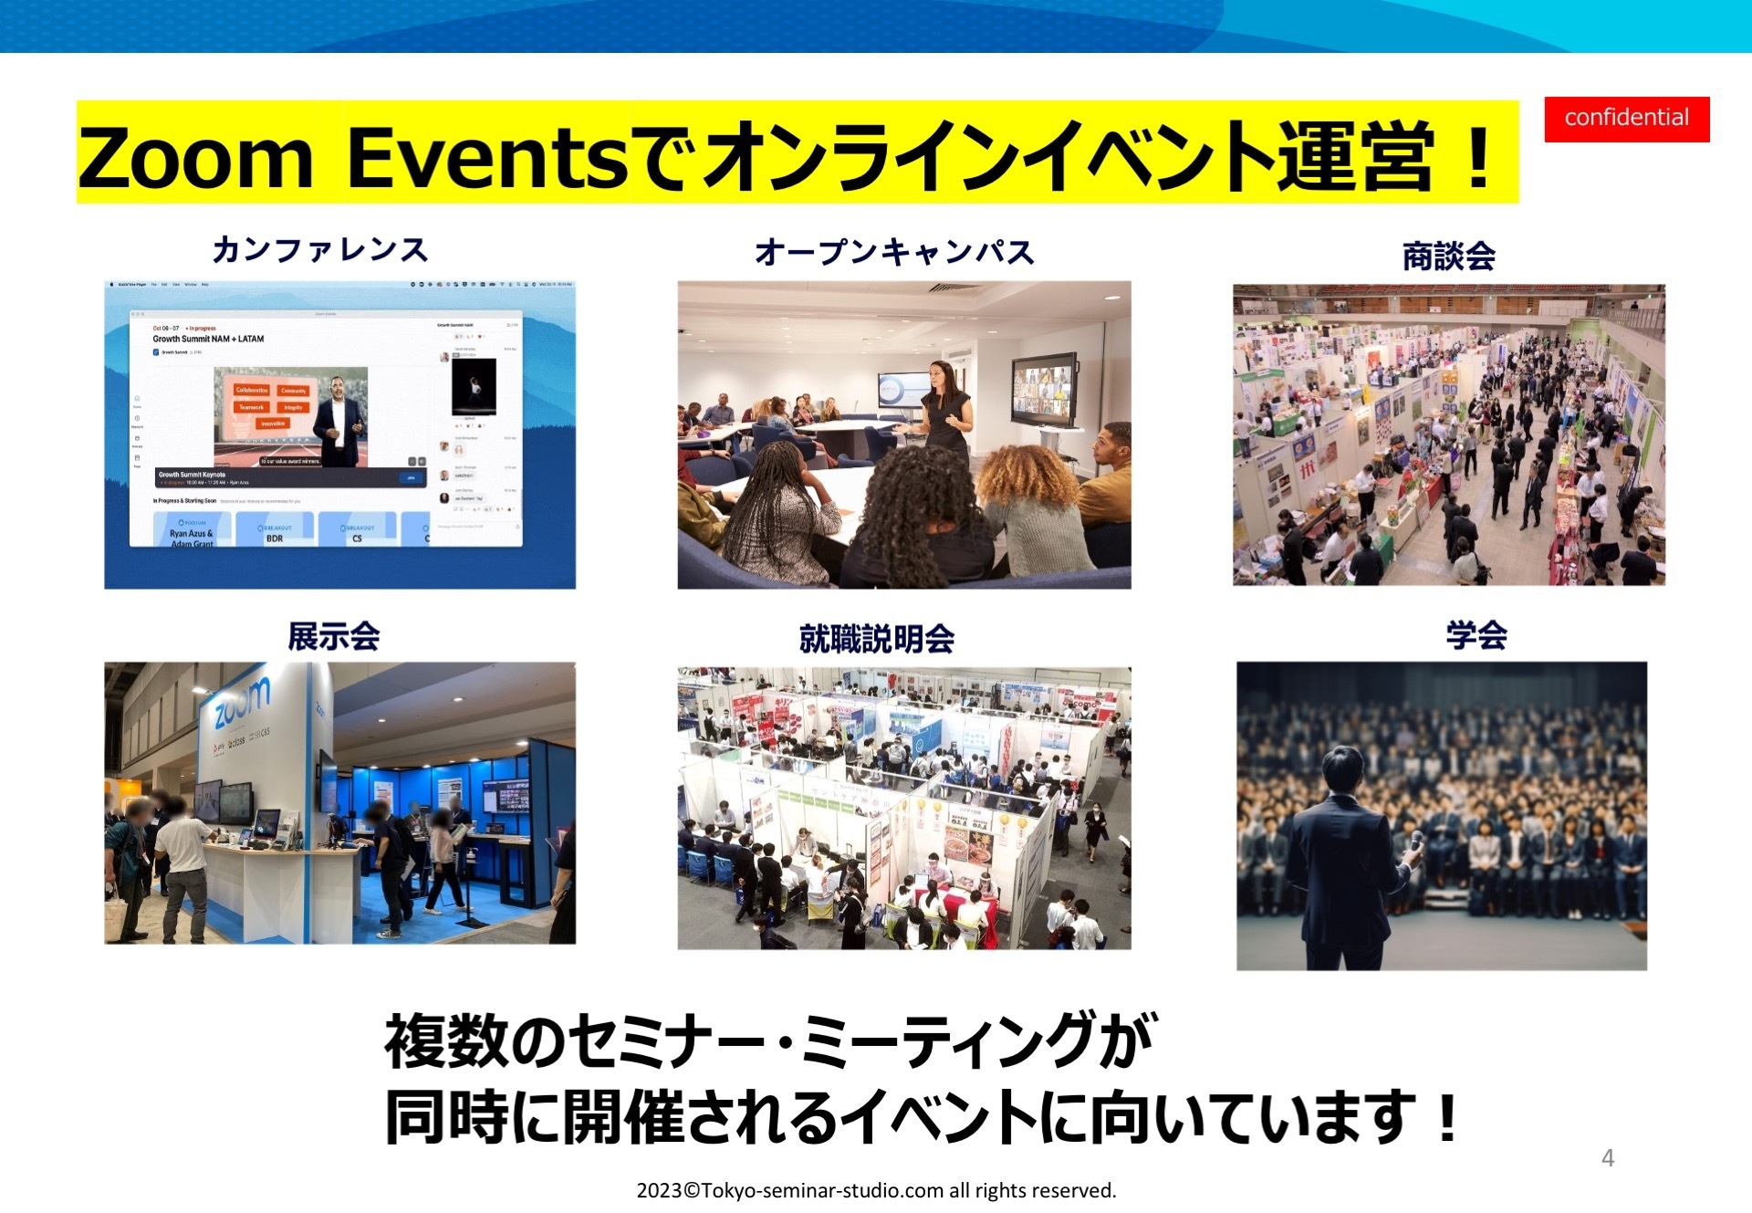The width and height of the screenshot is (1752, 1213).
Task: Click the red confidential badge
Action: tap(1626, 119)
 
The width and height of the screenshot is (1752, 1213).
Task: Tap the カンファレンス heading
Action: tap(319, 250)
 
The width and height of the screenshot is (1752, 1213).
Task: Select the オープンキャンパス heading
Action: tap(894, 252)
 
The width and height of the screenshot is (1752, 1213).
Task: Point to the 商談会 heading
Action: tap(1448, 256)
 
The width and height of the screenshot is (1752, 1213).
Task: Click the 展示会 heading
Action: tap(334, 636)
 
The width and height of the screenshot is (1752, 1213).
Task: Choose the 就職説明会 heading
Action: tap(877, 639)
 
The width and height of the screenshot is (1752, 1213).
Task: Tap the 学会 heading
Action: tap(1476, 635)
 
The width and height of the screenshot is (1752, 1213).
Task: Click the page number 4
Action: tap(1608, 1158)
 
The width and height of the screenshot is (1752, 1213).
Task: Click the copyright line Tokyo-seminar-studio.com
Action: tap(876, 1190)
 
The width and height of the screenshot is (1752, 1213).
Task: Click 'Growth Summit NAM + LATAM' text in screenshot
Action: tap(208, 339)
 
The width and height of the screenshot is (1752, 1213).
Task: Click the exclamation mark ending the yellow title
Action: tap(1479, 157)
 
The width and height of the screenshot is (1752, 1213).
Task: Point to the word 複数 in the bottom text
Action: tap(444, 1041)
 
